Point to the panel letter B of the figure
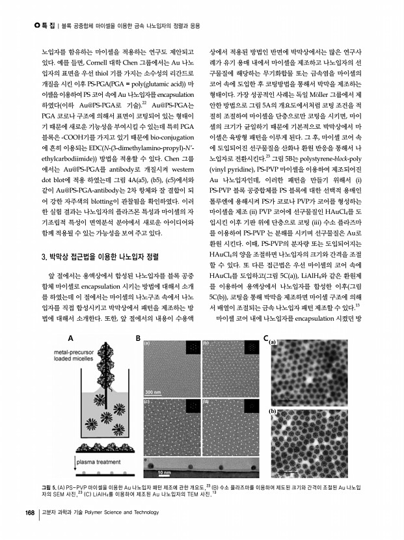pyautogui.click(x=139, y=338)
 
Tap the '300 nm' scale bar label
pyautogui.click(x=154, y=392)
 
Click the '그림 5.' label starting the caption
pyautogui.click(x=49, y=487)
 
